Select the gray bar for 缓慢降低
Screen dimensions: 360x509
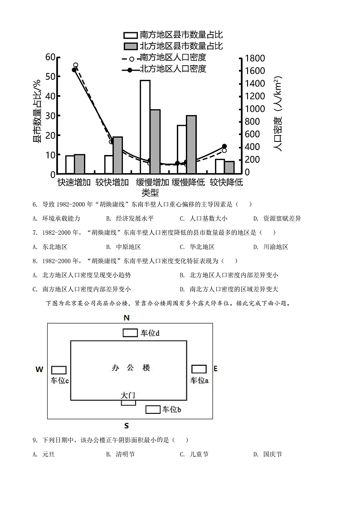(x=191, y=144)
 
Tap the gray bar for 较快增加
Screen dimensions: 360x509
(x=117, y=155)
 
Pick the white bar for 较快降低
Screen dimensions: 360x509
(x=219, y=166)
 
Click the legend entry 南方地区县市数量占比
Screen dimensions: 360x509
(x=174, y=35)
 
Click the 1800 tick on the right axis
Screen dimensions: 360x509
(x=254, y=58)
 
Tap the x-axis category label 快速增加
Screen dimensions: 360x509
(x=74, y=182)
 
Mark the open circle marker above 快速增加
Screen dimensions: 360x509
(x=76, y=65)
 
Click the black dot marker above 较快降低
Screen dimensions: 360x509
(x=224, y=146)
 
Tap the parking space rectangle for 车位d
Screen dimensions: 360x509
(x=131, y=333)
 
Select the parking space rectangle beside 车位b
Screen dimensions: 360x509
(x=153, y=410)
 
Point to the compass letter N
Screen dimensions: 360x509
(x=127, y=318)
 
